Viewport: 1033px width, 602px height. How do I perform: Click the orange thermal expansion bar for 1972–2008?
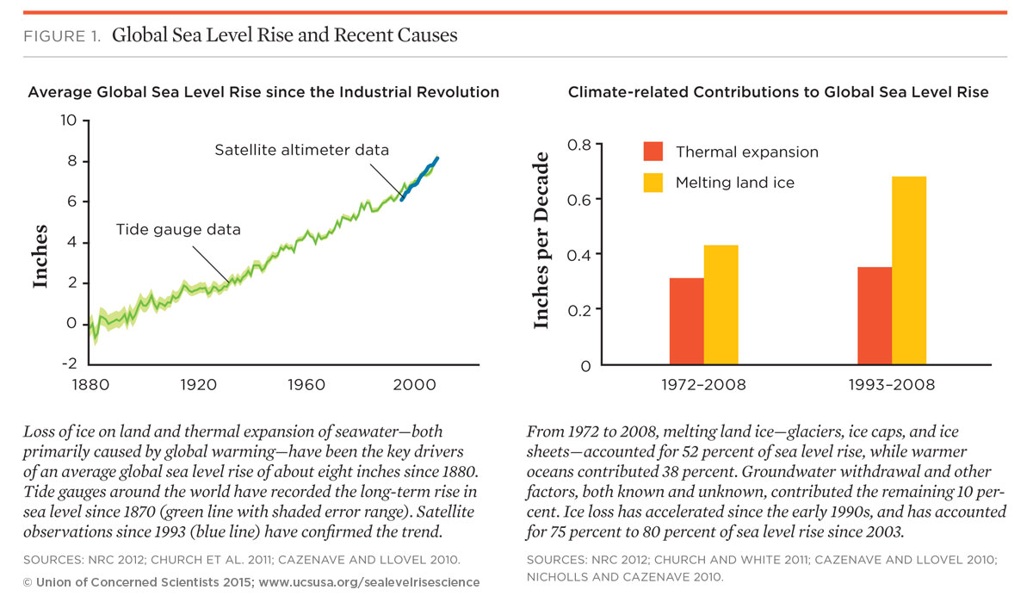point(686,320)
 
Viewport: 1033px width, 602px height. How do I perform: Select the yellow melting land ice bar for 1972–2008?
point(721,305)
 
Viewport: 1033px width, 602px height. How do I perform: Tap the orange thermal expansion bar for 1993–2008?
point(875,315)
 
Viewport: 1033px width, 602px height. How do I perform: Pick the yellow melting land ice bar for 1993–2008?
point(909,270)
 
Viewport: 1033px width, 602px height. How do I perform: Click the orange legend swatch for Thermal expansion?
point(653,152)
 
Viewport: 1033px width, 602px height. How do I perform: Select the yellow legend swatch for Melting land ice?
point(653,183)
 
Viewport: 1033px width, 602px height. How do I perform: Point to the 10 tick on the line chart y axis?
point(68,120)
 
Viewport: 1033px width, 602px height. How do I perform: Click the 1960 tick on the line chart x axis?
point(309,385)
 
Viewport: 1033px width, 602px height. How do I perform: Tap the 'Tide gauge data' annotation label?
point(178,230)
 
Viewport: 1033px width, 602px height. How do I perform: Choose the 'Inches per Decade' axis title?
point(541,240)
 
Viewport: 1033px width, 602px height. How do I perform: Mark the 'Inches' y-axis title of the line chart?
point(40,256)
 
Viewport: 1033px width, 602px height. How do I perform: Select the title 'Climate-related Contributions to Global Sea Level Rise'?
point(778,92)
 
